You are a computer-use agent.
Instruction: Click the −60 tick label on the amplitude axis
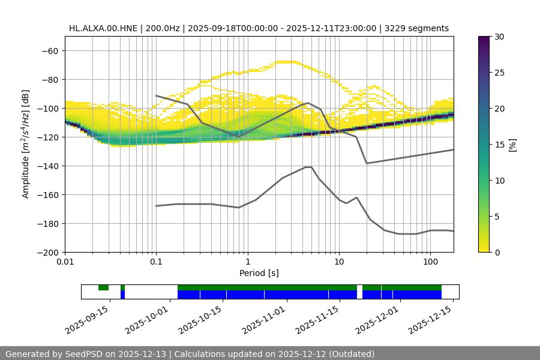(50, 50)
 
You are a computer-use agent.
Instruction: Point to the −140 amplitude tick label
(47, 166)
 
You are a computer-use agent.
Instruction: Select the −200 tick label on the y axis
(47, 252)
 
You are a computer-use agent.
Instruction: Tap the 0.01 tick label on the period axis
(65, 262)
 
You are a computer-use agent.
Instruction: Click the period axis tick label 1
(247, 262)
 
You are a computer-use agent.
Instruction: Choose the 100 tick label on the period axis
(430, 262)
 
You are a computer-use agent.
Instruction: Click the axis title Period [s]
(259, 273)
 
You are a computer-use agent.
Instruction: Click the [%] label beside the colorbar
(512, 144)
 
